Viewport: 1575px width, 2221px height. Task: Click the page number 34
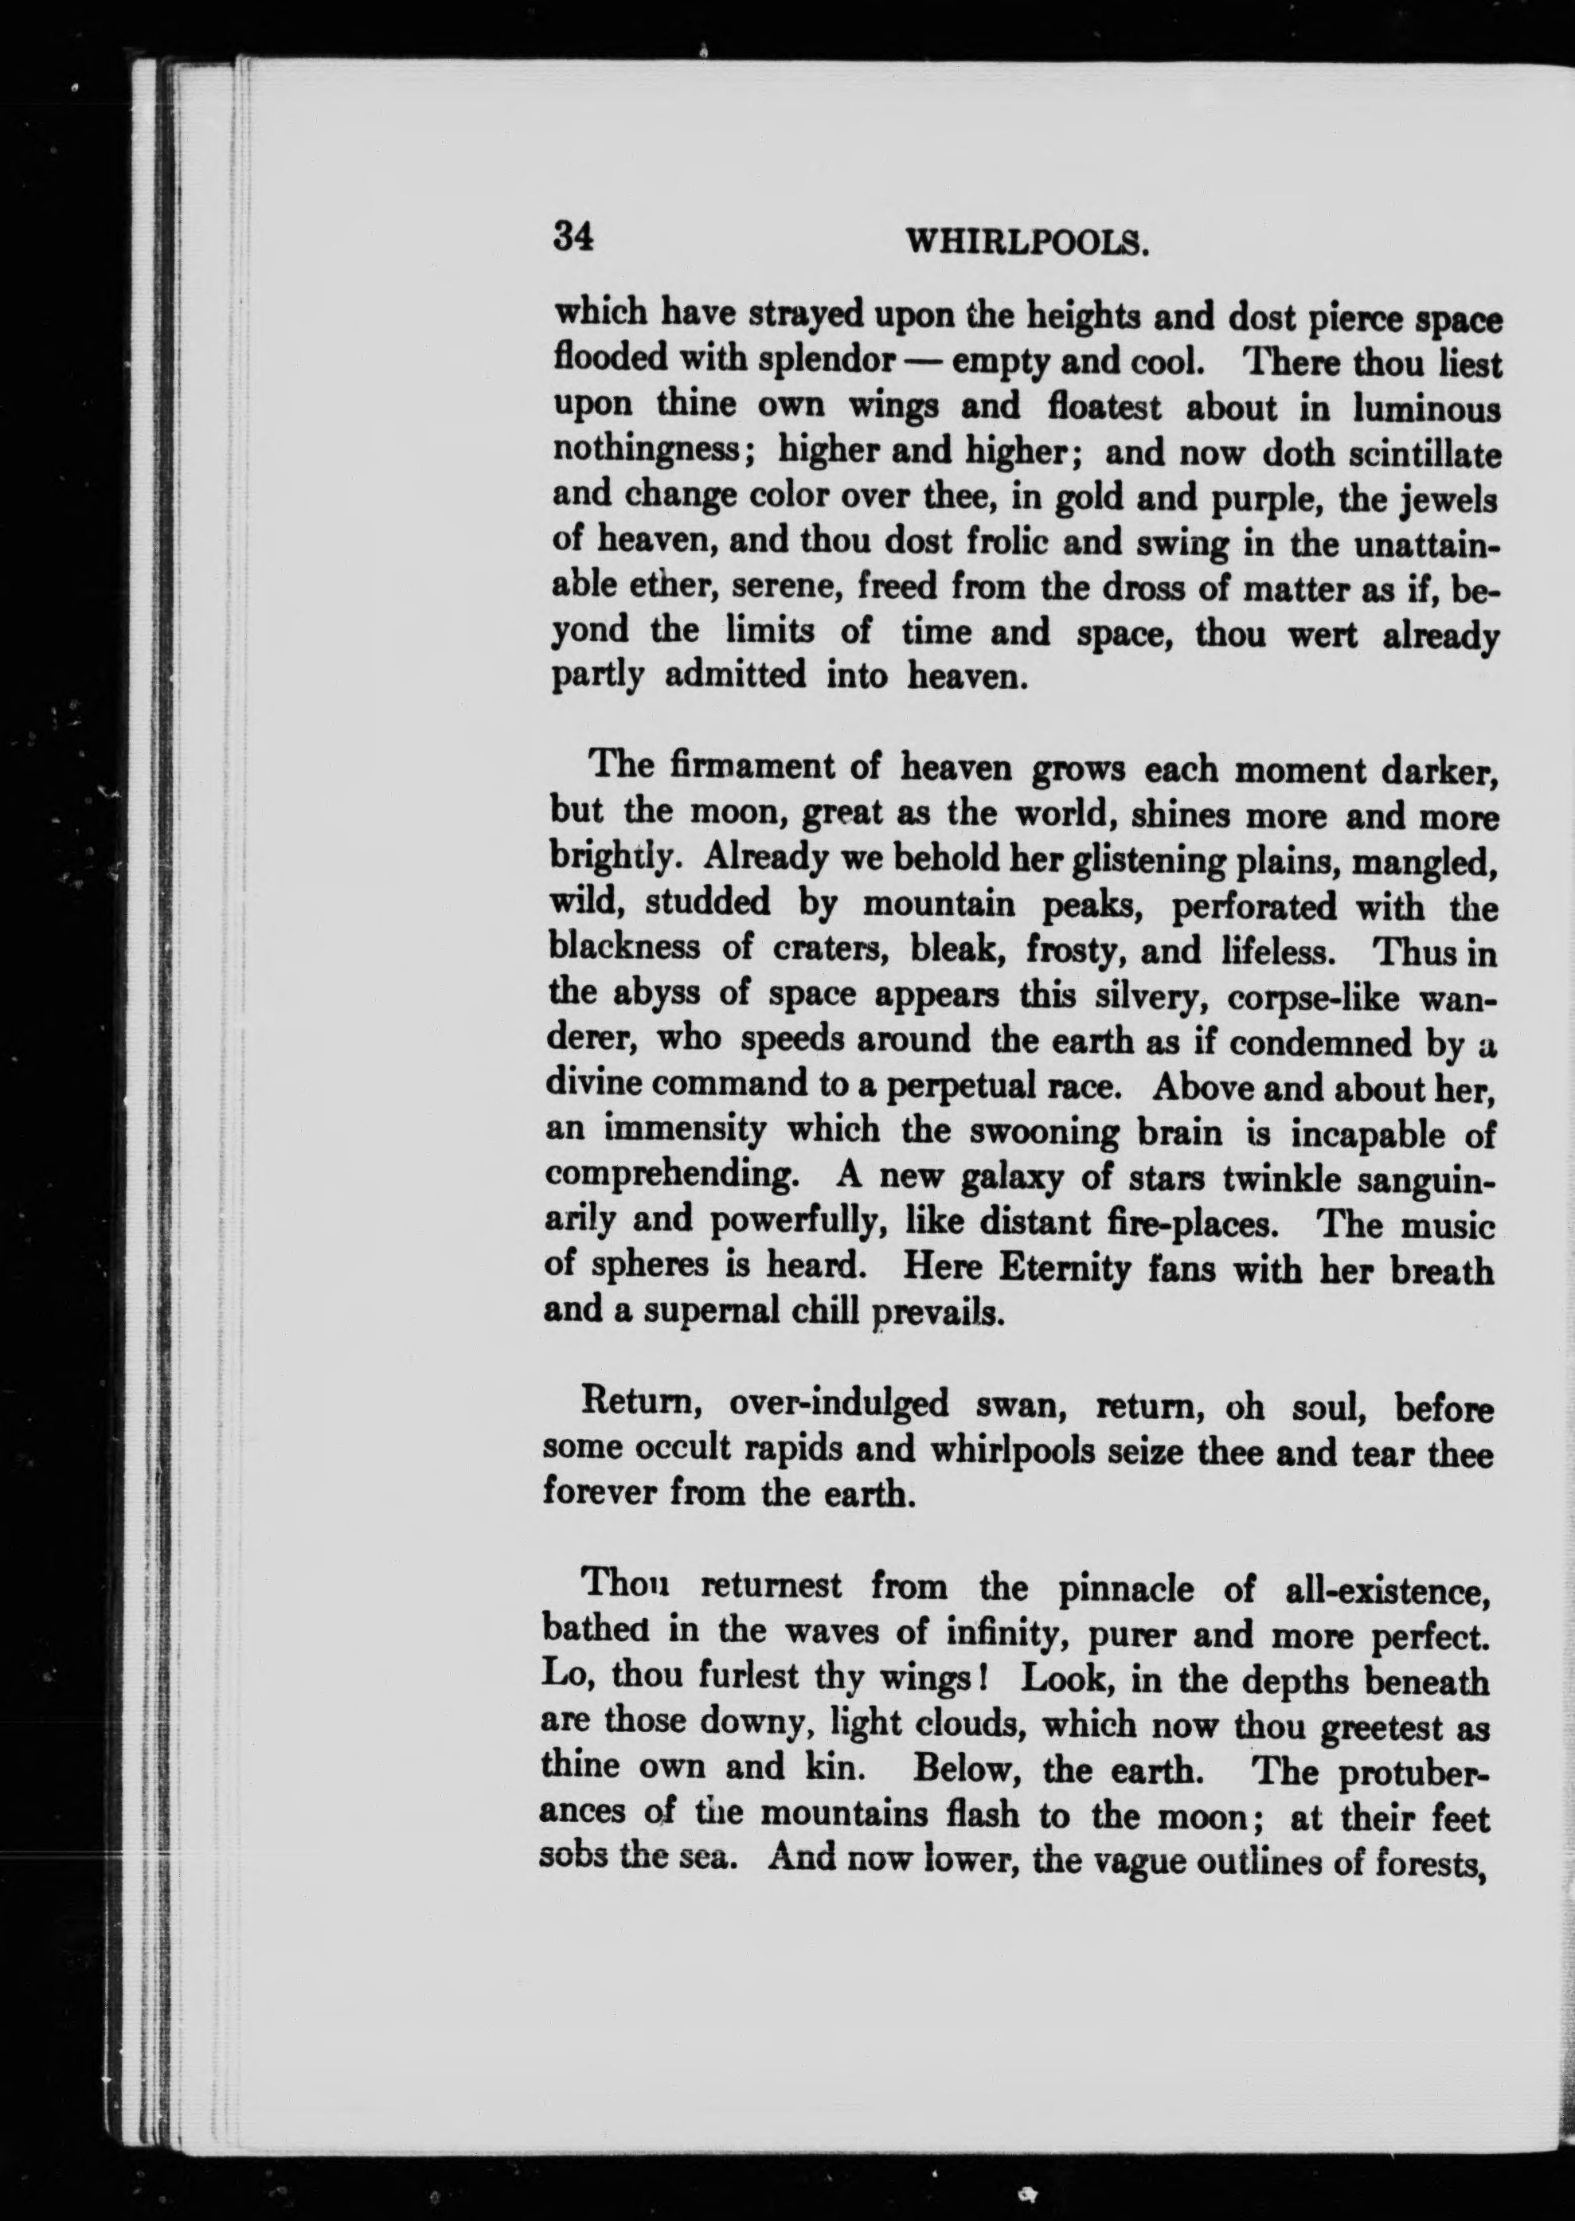pyautogui.click(x=573, y=237)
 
